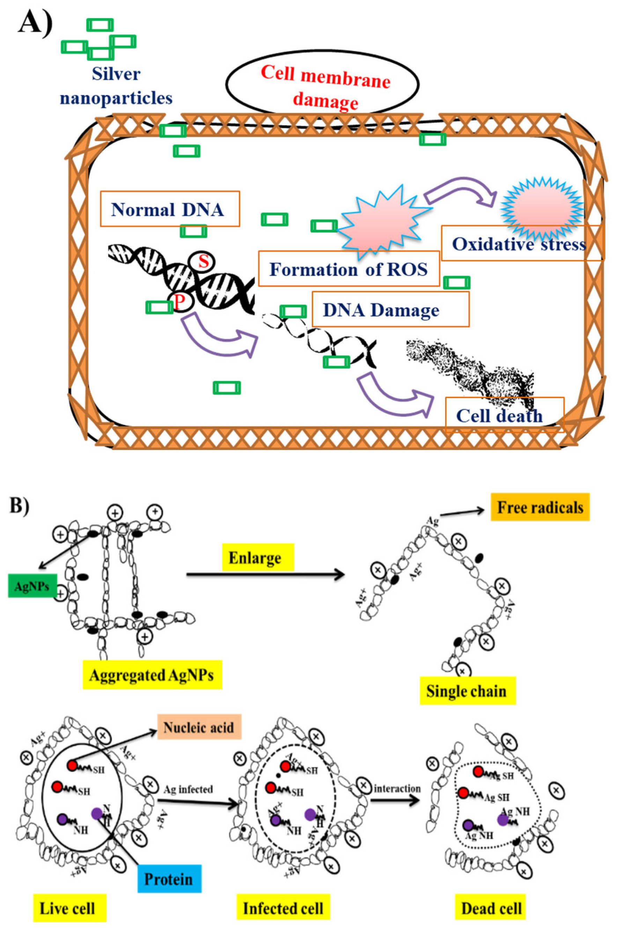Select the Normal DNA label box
coord(170,209)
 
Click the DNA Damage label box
coord(390,309)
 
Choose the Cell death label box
coord(504,415)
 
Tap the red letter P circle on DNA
coord(180,302)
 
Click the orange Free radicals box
coord(540,507)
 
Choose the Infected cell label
coord(283,908)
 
